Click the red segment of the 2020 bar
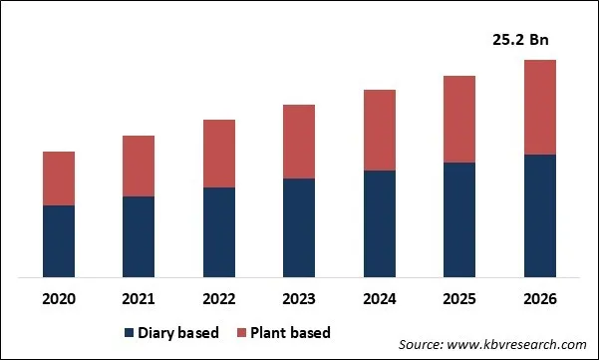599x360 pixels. pyautogui.click(x=59, y=179)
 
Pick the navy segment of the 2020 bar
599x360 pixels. pyautogui.click(x=59, y=241)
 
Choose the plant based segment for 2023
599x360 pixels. pyautogui.click(x=299, y=142)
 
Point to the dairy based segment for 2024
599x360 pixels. pyautogui.click(x=379, y=223)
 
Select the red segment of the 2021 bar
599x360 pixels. pyautogui.click(x=139, y=166)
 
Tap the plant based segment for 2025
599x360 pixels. pyautogui.click(x=459, y=119)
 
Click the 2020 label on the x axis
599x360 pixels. pyautogui.click(x=59, y=299)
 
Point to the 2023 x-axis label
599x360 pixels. pyautogui.click(x=299, y=299)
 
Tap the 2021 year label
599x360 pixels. pyautogui.click(x=139, y=299)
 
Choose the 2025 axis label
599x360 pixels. pyautogui.click(x=459, y=299)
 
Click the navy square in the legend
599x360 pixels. pyautogui.click(x=129, y=332)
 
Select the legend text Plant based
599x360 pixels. pyautogui.click(x=291, y=332)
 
